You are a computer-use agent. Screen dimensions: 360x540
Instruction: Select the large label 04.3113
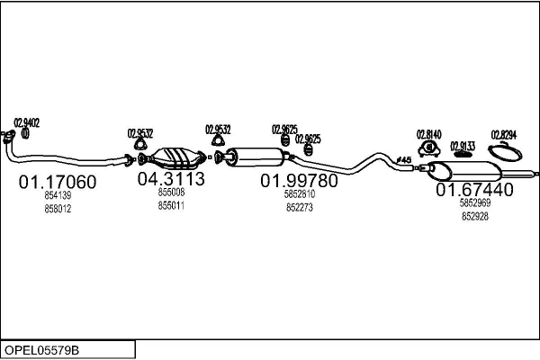point(171,179)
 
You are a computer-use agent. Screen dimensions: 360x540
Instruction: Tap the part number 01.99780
point(300,181)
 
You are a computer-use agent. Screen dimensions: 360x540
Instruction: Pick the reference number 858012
point(58,209)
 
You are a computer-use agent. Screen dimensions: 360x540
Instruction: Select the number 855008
point(171,193)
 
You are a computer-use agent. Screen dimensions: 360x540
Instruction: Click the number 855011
point(171,204)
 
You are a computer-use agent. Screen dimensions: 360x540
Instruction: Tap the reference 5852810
point(300,194)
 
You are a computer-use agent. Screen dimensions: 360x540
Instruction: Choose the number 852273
point(300,207)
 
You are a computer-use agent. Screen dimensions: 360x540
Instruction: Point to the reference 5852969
point(474,203)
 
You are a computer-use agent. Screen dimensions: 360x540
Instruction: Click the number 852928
point(474,216)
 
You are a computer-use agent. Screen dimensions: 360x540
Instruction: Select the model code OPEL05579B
point(42,349)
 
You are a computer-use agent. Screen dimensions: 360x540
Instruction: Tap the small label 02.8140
point(429,133)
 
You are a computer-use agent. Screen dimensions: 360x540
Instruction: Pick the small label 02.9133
point(463,145)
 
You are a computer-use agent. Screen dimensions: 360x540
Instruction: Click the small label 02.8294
point(504,134)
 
